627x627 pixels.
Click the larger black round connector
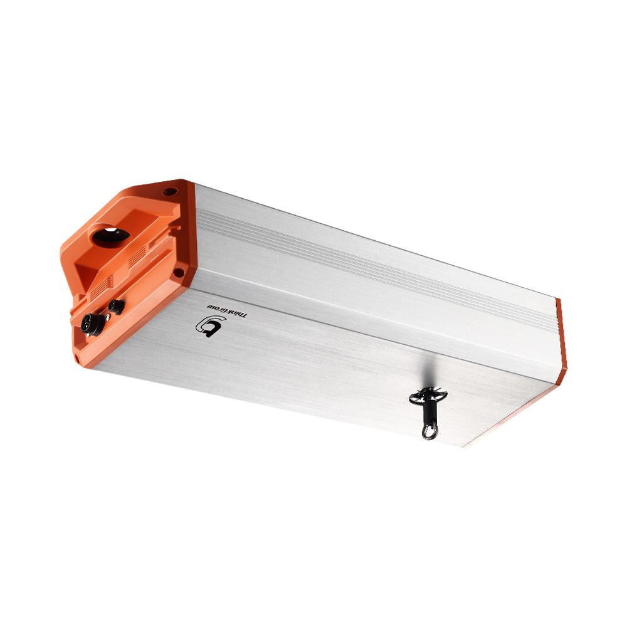[x=92, y=325]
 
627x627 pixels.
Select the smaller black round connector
[x=116, y=307]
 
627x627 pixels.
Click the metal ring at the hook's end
[x=429, y=431]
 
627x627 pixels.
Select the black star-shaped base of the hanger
[x=428, y=396]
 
